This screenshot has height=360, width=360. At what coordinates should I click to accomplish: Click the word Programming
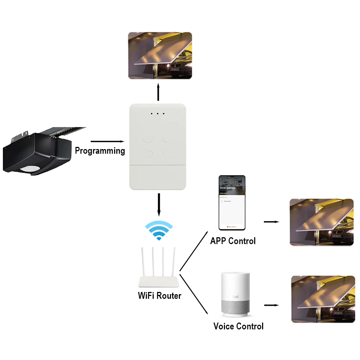click(x=100, y=150)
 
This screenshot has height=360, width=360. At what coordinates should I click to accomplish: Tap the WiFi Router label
click(x=159, y=296)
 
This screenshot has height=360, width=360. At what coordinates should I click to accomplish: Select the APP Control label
click(x=233, y=241)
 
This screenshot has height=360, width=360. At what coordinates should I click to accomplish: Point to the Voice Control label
click(x=238, y=326)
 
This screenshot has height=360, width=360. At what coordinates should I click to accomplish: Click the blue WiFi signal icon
click(x=158, y=230)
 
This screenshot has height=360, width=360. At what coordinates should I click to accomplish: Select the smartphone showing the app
click(x=232, y=203)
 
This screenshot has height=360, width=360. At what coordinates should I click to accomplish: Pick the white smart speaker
click(x=235, y=294)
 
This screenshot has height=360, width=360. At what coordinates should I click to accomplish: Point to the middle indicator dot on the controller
click(x=158, y=114)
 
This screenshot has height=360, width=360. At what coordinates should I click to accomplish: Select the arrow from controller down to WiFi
click(x=158, y=203)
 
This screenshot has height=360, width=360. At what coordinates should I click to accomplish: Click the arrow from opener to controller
click(x=107, y=141)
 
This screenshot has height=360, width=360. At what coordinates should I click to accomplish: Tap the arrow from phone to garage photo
click(x=271, y=222)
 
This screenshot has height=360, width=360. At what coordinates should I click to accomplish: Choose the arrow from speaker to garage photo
click(x=271, y=305)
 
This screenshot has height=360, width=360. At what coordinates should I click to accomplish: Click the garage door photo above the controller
click(x=160, y=55)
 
